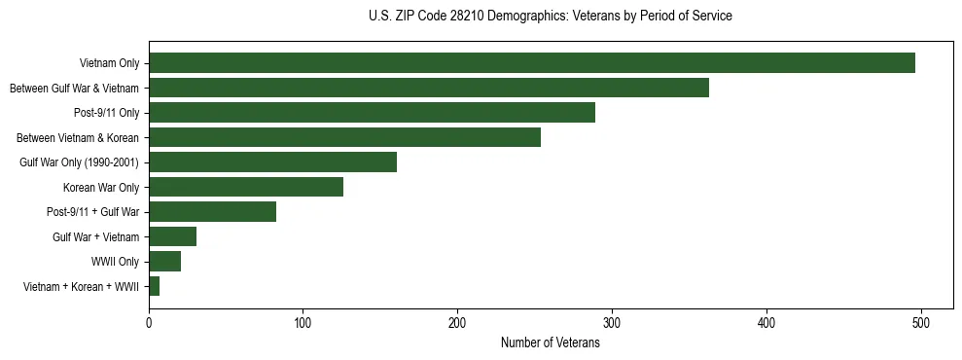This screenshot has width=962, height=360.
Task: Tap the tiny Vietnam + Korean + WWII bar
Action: coord(154,287)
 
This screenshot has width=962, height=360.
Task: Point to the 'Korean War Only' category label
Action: coord(101,187)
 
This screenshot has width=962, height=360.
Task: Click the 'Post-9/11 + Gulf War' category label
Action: coord(93,212)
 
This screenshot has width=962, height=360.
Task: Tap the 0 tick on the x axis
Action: coord(149,321)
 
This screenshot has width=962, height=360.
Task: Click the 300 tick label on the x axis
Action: coord(612,321)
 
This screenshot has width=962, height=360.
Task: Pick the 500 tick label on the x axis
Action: coord(920,321)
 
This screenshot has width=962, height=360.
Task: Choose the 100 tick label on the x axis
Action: coord(303,321)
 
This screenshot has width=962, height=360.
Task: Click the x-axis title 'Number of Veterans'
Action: coord(550,342)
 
